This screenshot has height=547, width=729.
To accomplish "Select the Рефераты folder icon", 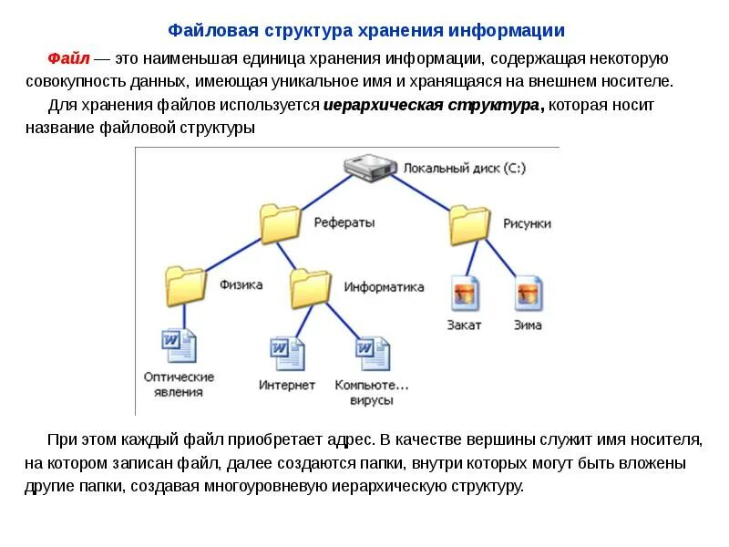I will pos(280,222).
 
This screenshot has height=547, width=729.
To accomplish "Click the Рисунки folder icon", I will pos(469,223).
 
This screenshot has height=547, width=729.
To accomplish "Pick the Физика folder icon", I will pos(186,284).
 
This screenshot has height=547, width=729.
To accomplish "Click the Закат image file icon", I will pos(465,293).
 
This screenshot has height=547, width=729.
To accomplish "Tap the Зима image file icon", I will pos(528,293).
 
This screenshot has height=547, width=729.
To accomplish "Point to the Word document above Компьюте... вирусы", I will pos(372,355).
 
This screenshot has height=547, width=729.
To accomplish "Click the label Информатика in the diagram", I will pos(384,286).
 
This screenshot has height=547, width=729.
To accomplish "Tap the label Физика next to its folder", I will pos(241,284).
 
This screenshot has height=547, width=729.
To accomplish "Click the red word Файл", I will pos(68,58).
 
